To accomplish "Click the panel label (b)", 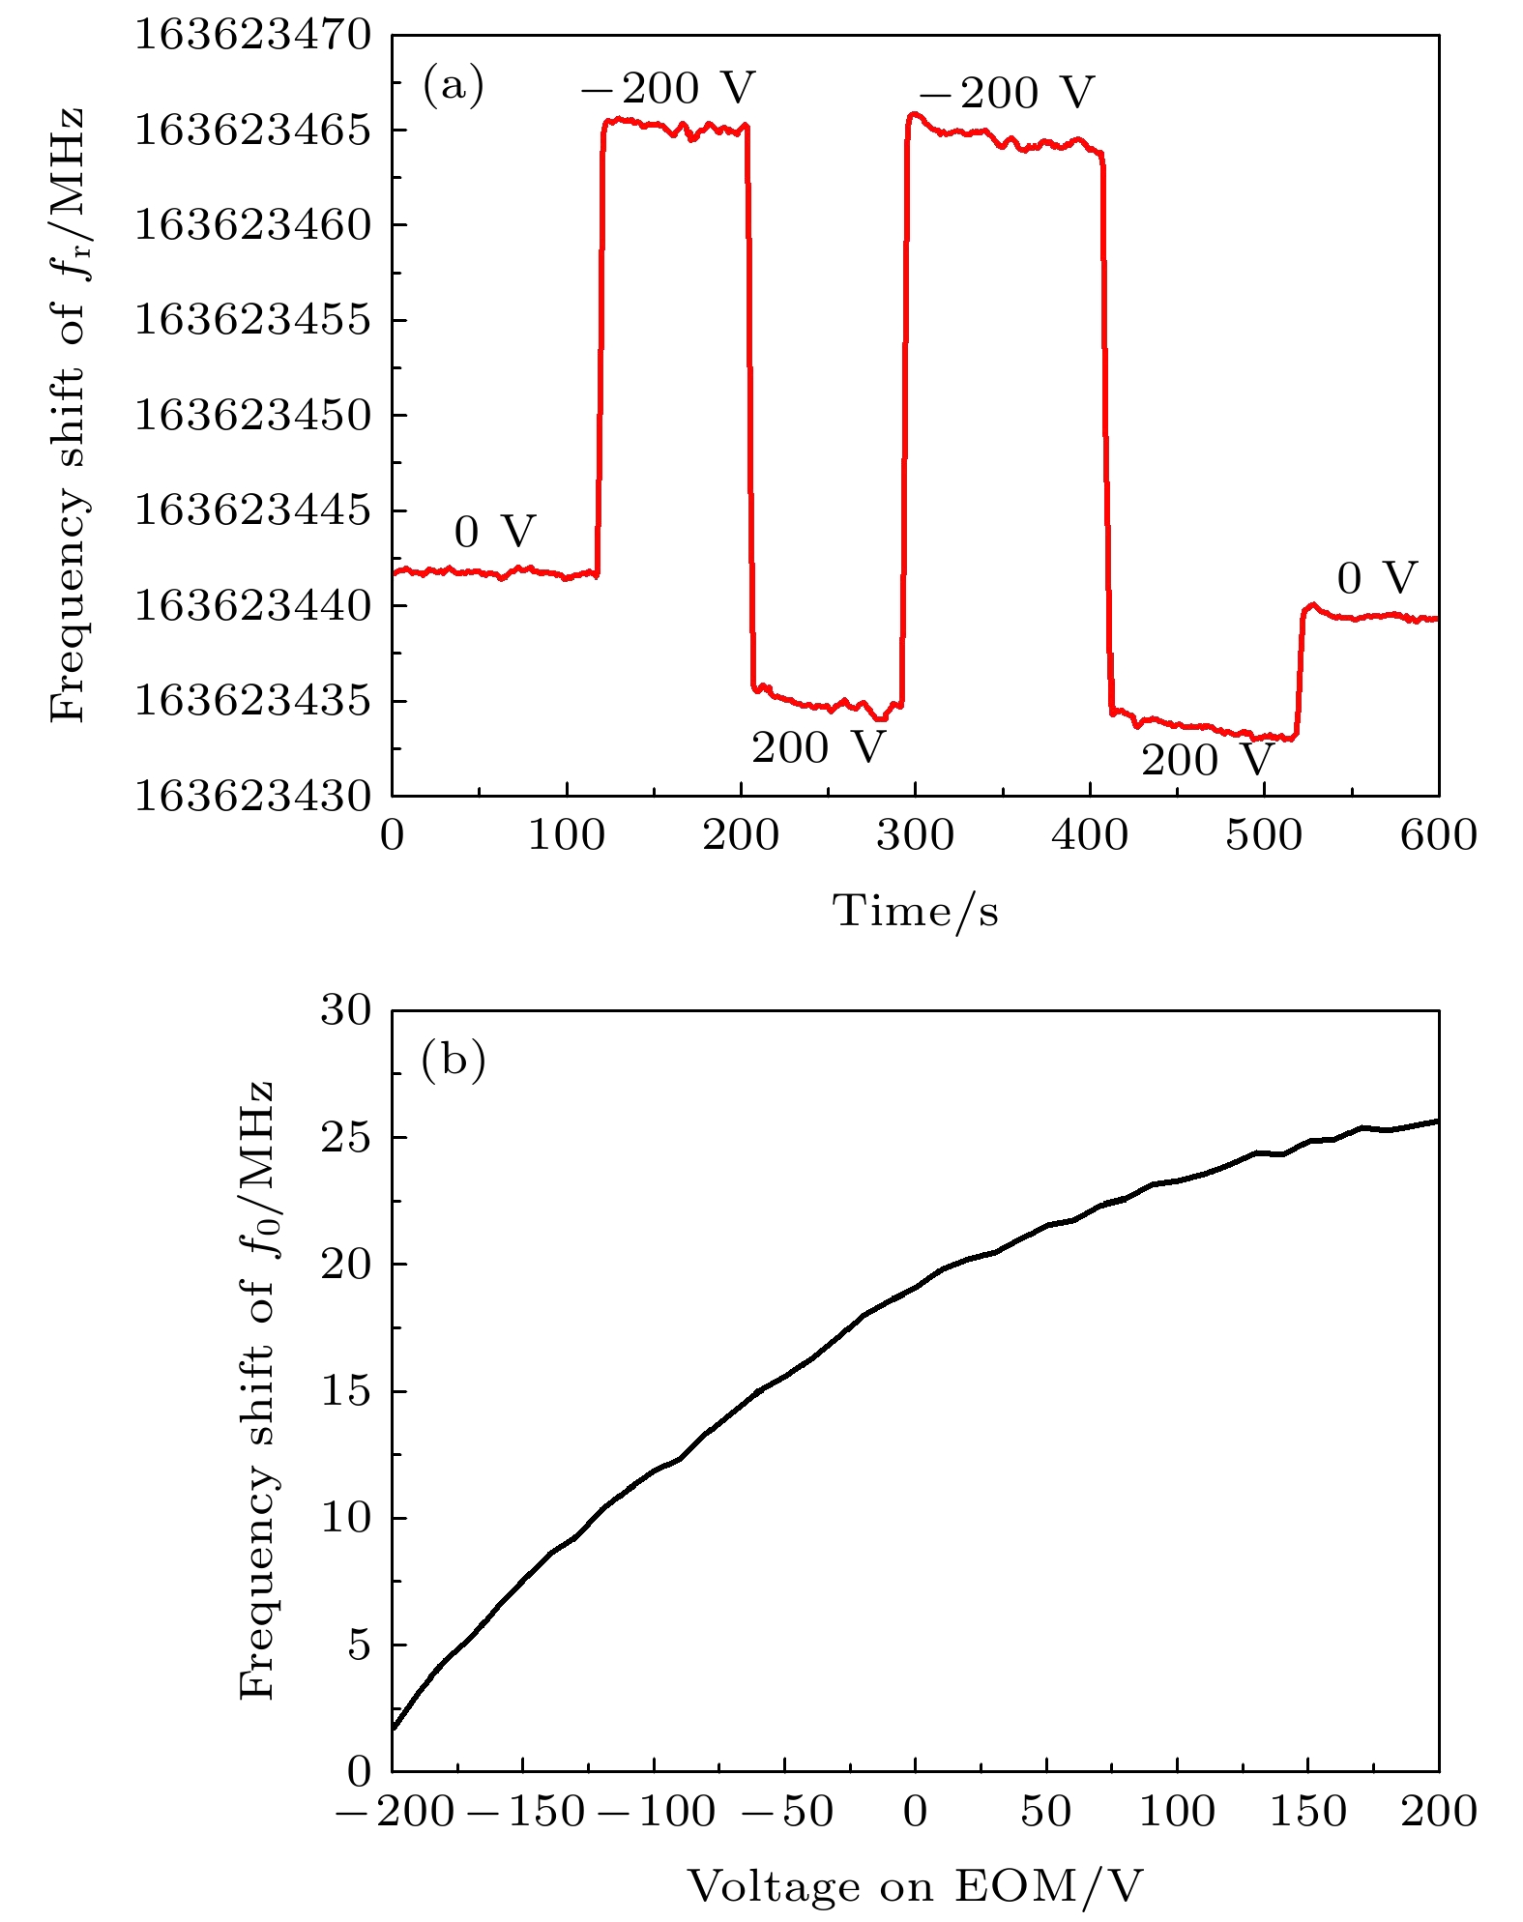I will coord(453,1061).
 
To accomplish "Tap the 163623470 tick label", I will coord(252,36).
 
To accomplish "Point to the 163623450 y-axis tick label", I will coord(252,416).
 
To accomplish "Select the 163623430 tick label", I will coord(252,797).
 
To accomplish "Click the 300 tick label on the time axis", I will coord(915,835).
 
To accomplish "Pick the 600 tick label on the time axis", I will coord(1438,835).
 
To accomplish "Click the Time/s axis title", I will coord(915,911).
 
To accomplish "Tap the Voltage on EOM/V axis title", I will coord(915,1885).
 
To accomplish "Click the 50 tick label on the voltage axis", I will coord(1046,1811).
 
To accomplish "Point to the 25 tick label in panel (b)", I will coord(346,1138).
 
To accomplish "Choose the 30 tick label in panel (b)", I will coord(346,1011).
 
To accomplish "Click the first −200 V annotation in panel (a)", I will coord(667,89).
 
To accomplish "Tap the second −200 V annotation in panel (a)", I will coord(1006,94).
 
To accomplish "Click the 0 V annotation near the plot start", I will coord(494,532).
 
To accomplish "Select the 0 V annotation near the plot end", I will coord(1377,579).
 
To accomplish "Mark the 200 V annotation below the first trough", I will coord(818,747).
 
